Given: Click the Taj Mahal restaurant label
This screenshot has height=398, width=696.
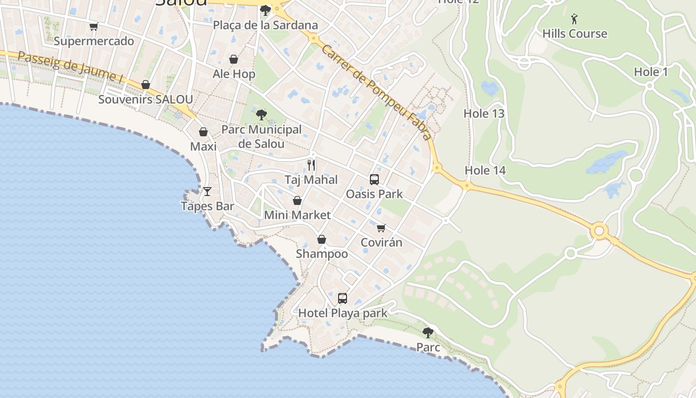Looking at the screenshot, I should coord(311,180).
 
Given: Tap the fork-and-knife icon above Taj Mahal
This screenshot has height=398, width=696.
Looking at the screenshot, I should coord(311,165).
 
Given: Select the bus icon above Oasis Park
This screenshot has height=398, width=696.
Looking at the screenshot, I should coord(374,180).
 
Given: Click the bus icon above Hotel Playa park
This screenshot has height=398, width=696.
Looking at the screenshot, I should coord(343,298).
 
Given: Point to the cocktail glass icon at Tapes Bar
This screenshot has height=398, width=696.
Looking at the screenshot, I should coord(207,192).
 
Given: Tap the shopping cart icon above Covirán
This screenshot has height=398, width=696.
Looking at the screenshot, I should coord(381,228).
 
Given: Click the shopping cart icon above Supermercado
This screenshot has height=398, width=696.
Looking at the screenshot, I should coord(93,26).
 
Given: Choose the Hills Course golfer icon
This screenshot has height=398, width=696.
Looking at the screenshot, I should coord(575,19).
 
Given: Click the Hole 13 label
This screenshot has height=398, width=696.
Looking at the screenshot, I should coord(484,113).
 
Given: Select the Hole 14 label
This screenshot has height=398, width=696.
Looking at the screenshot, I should coord(485,171).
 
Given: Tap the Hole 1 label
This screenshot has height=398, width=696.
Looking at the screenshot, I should coord(651,72).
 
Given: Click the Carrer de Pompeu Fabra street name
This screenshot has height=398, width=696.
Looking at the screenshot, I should coord(376,92).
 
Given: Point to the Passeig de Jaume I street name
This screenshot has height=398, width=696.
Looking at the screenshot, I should coord(70,67).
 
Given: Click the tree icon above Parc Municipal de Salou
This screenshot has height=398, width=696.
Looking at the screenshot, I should coord(261,115).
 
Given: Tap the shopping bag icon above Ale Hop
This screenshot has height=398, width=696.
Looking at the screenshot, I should coord(234,60).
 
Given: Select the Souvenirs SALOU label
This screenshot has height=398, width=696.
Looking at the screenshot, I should coord(145,99).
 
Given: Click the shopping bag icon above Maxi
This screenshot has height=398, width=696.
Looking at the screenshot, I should coord(203,132).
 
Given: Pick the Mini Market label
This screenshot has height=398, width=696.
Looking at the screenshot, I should coord(297,215).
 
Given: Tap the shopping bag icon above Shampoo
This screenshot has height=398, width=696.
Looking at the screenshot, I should coord(322,239).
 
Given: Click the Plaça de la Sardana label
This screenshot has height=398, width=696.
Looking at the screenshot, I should coord(265,25).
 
